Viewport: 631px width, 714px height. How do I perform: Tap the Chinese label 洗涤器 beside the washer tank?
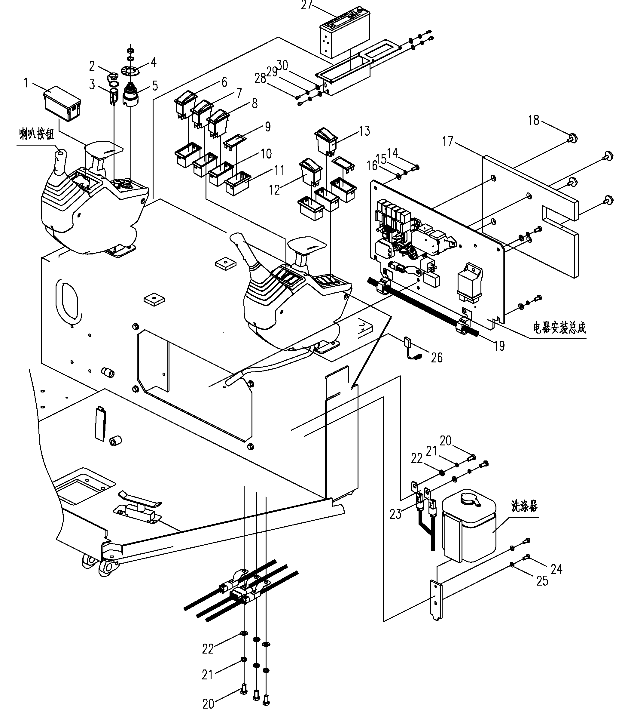524,506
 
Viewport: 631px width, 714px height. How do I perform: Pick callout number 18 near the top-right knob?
534,121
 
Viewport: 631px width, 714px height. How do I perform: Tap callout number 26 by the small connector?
437,358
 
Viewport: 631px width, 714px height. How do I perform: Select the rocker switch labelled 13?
326,141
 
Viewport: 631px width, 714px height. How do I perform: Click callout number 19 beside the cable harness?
500,346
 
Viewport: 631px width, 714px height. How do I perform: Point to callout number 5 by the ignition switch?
155,86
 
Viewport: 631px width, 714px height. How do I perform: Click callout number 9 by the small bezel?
268,126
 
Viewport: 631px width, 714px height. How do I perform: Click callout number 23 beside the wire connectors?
395,514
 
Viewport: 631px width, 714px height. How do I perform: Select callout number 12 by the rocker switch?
275,190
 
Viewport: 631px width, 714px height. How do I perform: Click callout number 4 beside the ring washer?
153,63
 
